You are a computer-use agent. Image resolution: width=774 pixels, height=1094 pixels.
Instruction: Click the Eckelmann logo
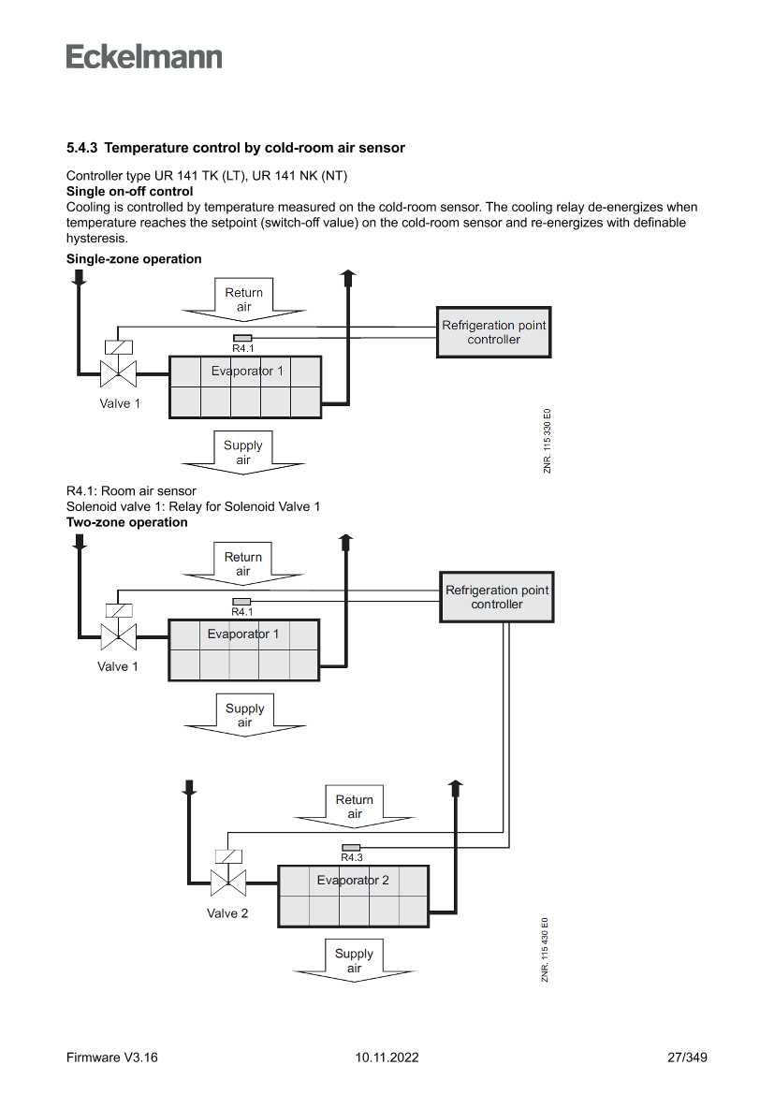pos(144,56)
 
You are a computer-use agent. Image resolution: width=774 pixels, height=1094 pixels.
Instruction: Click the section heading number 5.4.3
pos(81,148)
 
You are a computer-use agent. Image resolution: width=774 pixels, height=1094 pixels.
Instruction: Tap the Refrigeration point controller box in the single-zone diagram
pos(493,332)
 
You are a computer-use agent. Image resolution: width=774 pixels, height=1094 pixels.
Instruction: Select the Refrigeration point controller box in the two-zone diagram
pos(497,597)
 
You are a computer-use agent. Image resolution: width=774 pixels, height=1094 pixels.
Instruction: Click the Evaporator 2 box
pos(353,896)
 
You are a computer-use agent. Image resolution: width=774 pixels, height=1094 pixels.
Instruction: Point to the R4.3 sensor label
pos(352,857)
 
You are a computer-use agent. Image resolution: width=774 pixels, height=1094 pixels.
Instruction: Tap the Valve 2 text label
pos(227,913)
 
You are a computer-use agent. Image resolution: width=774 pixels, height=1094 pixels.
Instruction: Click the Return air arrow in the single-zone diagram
pos(243,300)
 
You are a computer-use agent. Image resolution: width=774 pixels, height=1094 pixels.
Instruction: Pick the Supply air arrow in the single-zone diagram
pos(243,453)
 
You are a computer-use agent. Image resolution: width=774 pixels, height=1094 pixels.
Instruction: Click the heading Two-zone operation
pos(127,522)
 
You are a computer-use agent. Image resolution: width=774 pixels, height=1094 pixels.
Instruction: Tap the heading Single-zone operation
pos(134,259)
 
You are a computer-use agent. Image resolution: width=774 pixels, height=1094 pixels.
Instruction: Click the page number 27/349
pos(687,1058)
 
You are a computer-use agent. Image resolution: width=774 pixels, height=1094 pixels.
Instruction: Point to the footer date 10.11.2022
pos(387,1058)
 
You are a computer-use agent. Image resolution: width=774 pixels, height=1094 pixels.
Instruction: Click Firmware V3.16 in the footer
pos(112,1058)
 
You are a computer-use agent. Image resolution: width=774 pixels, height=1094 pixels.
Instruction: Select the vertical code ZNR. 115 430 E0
pos(546,950)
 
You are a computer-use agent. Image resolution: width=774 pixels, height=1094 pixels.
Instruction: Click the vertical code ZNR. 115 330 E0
pos(547,441)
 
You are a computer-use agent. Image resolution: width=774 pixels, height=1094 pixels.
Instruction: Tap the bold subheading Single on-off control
pos(130,191)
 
